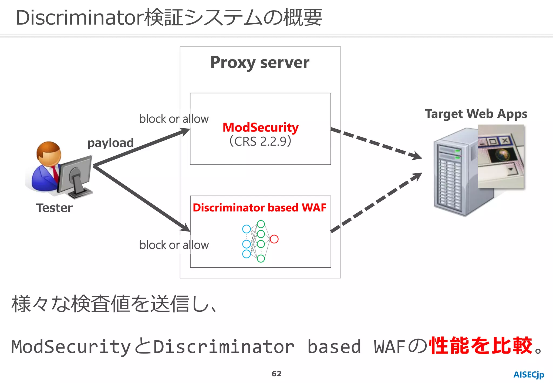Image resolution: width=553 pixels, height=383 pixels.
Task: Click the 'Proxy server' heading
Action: coord(259,63)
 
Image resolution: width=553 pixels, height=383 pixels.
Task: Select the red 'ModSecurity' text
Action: coord(260,127)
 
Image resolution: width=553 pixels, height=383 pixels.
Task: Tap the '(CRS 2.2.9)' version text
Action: coord(260,141)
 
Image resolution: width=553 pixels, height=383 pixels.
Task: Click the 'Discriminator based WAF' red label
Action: coord(259,207)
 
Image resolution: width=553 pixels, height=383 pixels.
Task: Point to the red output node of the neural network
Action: coord(274,239)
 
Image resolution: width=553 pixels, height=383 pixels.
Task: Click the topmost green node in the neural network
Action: coord(261,224)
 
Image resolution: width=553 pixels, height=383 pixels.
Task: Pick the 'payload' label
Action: coord(110,143)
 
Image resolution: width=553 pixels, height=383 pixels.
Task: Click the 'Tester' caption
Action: coord(54,208)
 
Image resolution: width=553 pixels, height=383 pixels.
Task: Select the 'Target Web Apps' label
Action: coord(476,114)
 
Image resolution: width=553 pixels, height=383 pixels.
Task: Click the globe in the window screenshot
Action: coord(503,154)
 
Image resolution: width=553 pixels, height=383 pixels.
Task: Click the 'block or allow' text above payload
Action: coord(174,119)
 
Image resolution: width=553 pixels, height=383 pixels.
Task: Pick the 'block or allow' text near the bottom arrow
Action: coord(174,245)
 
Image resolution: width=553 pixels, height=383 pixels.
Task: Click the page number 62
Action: coord(276,374)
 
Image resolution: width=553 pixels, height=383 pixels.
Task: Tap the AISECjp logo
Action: coord(528,375)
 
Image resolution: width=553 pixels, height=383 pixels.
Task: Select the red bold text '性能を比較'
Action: coord(481,346)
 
